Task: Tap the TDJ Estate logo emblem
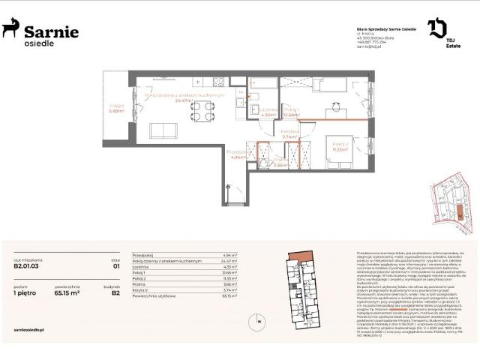(436, 29)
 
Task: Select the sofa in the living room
(166, 130)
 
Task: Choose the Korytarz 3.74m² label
(290, 135)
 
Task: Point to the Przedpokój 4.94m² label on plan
(237, 154)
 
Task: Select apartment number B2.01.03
(26, 265)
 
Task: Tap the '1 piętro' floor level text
(25, 294)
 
